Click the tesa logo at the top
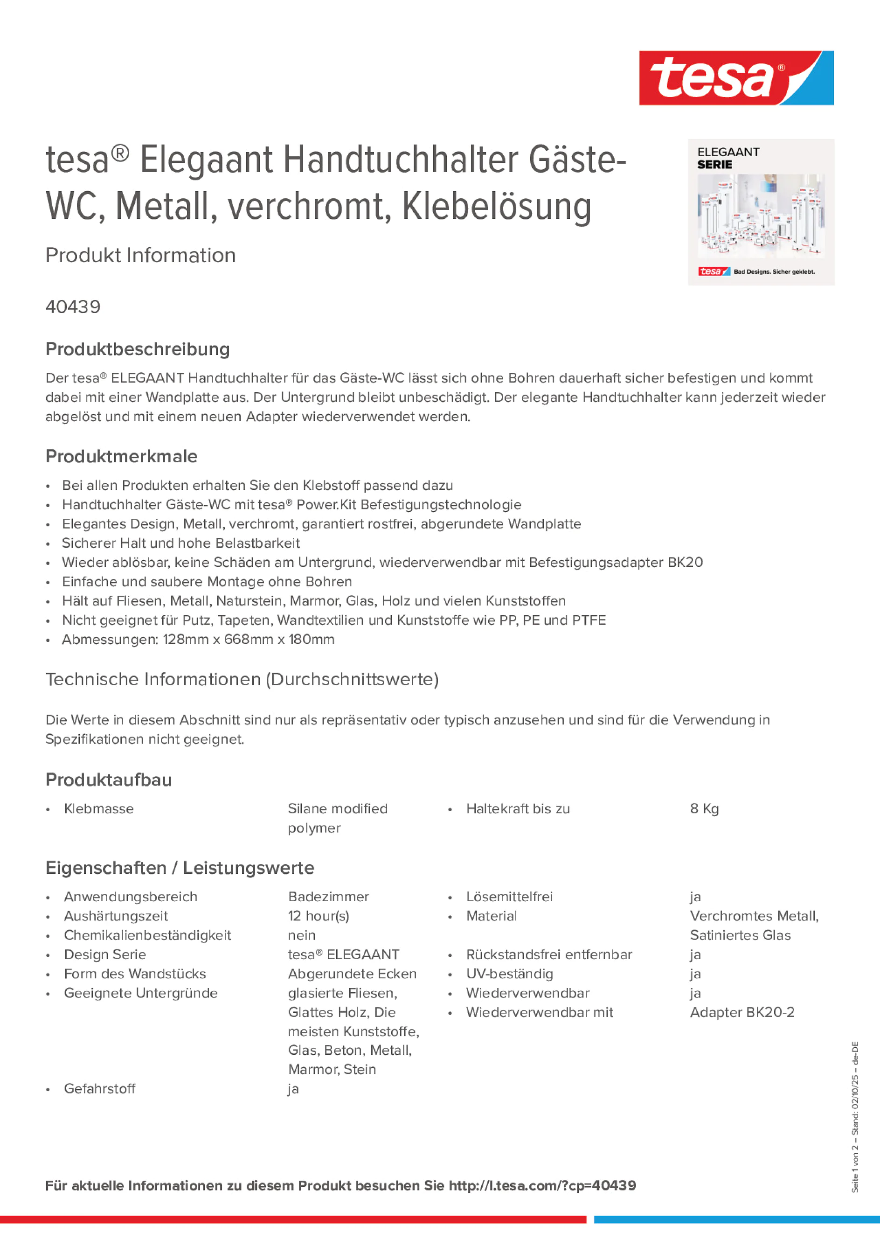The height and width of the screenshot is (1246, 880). coord(736,77)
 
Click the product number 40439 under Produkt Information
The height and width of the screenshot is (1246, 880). coord(73,306)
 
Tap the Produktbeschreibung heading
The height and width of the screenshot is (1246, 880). coord(138,349)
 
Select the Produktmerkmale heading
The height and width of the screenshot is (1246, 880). coord(122,456)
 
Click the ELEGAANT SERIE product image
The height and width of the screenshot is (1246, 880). coord(761,212)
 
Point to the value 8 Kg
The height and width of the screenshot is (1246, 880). coord(704,808)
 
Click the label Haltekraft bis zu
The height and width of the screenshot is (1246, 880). coord(518,808)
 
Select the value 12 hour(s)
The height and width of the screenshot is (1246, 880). coord(319,916)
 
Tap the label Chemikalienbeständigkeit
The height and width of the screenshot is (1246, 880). coord(147,935)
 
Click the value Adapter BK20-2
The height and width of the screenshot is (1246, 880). coord(741,1012)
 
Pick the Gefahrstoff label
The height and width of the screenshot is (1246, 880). coord(100,1089)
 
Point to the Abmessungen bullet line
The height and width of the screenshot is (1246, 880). coord(198,639)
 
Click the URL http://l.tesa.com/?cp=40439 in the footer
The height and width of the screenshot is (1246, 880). coord(542,1186)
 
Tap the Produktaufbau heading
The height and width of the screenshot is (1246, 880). coord(109,780)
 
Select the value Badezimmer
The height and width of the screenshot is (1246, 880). coord(328,897)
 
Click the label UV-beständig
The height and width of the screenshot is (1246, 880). coord(509,974)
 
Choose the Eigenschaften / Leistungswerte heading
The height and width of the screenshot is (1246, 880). coord(180,868)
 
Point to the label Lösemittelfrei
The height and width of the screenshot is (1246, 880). coord(509,897)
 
